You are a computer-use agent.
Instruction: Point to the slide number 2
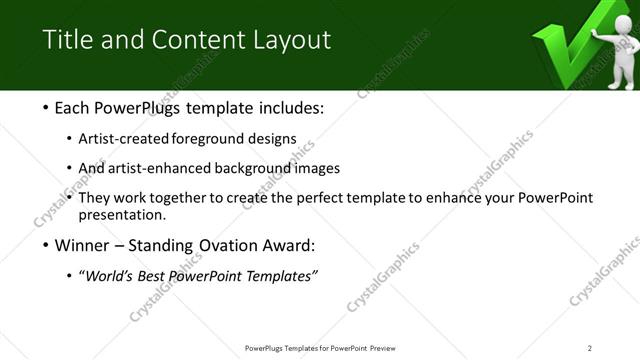pos(590,347)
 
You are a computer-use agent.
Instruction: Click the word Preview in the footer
pos(387,347)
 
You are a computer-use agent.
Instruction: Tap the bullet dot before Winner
pos(48,245)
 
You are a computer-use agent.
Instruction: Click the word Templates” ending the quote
pos(283,276)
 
